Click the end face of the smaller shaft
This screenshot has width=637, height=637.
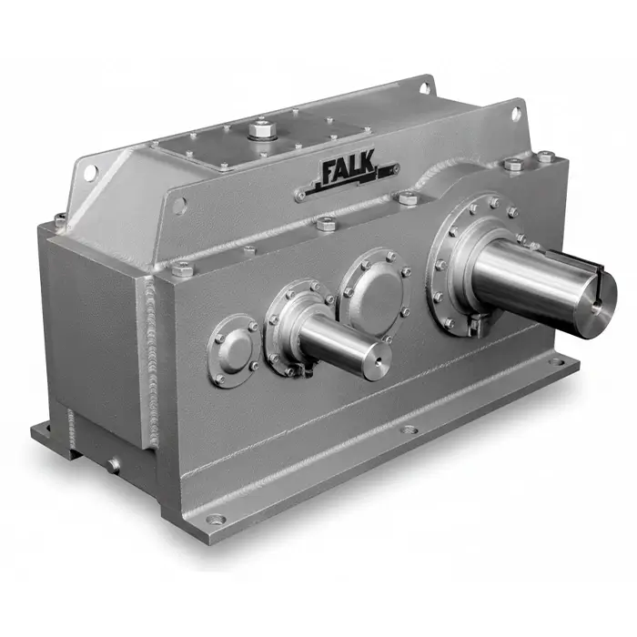click(375, 351)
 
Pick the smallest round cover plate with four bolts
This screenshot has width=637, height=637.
click(234, 347)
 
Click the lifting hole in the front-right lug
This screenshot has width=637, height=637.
click(516, 113)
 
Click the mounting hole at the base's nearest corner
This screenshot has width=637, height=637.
click(216, 520)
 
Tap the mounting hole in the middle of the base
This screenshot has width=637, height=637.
click(409, 430)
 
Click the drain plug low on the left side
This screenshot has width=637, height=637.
click(114, 465)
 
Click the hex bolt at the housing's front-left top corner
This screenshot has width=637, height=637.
click(182, 268)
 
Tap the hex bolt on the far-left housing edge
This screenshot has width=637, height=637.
click(60, 219)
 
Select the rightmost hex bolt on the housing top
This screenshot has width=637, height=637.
click(544, 157)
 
